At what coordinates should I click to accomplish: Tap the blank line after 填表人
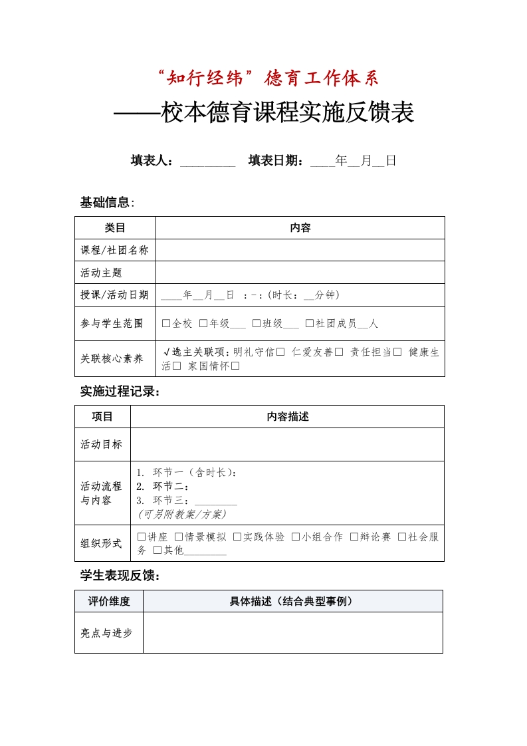207,162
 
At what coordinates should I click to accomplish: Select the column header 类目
115,228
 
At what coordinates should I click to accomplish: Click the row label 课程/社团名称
115,251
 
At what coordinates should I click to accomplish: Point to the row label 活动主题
102,273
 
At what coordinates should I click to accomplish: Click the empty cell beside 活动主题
300,273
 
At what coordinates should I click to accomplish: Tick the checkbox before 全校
166,324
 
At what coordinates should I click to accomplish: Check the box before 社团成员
310,324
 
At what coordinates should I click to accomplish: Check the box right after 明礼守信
280,352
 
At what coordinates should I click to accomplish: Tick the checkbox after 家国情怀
235,366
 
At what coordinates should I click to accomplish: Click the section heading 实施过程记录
119,392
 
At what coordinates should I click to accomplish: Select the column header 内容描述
287,417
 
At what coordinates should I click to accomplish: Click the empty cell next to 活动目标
287,444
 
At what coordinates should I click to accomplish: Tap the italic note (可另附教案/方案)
182,514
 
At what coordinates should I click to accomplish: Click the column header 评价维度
109,601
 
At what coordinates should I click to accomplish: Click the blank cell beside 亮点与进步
292,632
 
